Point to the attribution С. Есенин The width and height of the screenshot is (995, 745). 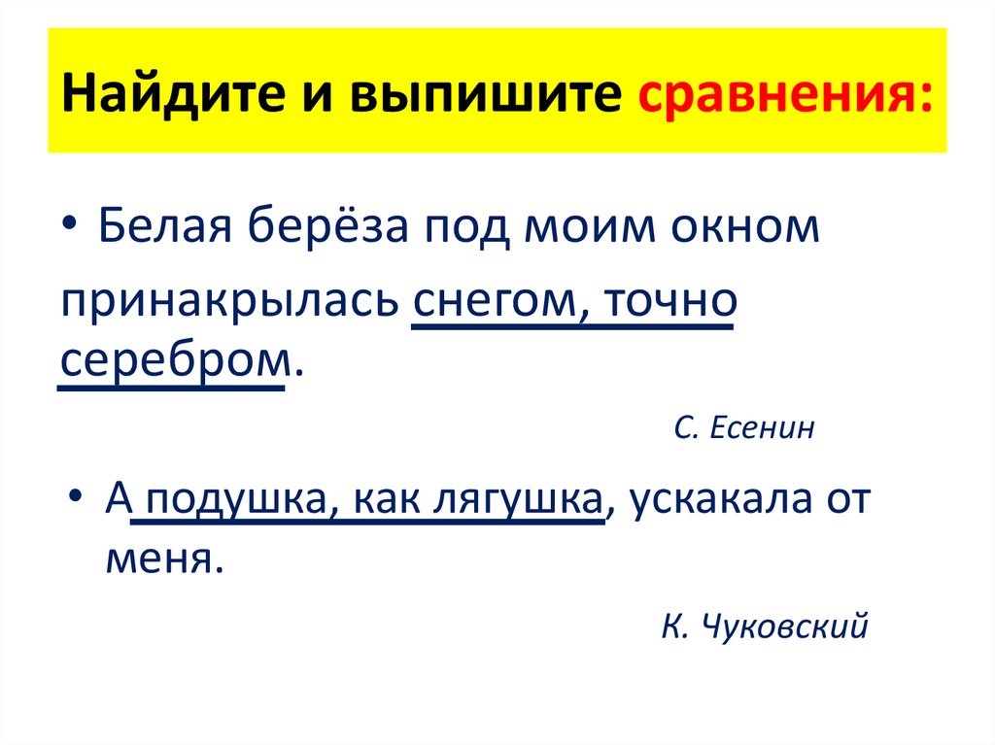[745, 427]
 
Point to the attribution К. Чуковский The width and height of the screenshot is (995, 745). [764, 627]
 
